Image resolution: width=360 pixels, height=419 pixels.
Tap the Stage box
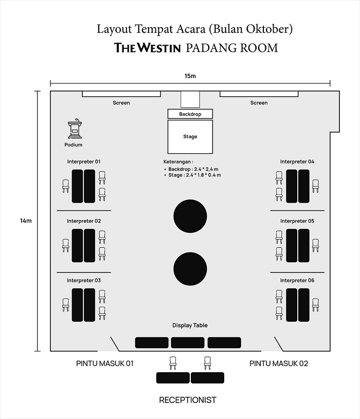(x=190, y=137)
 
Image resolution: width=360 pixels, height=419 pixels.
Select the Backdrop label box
(x=190, y=114)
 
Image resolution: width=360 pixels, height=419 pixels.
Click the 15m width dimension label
(x=190, y=76)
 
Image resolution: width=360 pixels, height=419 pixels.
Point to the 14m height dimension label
(x=26, y=221)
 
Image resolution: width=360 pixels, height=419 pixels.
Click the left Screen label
(x=121, y=103)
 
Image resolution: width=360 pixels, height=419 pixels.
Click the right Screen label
(x=259, y=103)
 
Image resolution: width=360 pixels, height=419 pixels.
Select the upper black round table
(x=190, y=215)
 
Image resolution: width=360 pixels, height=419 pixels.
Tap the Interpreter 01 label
(x=84, y=161)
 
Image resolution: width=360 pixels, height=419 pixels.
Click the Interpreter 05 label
(x=297, y=221)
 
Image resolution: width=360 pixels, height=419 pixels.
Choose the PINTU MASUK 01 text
(x=105, y=363)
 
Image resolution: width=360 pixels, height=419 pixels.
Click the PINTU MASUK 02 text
(x=279, y=363)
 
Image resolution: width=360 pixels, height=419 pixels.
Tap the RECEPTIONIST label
(x=188, y=400)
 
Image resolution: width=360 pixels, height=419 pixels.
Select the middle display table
(x=188, y=342)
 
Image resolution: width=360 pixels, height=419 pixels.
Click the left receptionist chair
(x=173, y=363)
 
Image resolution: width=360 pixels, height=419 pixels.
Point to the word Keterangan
(x=177, y=161)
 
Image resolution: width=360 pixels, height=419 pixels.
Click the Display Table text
(x=190, y=325)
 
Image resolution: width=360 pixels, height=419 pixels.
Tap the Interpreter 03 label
(x=84, y=281)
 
